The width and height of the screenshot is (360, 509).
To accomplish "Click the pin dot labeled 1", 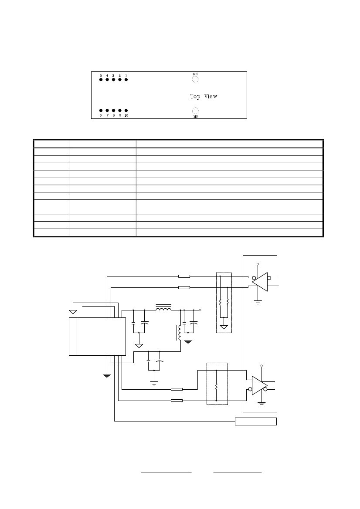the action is click(126, 80).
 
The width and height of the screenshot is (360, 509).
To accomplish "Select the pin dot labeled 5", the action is click(101, 80).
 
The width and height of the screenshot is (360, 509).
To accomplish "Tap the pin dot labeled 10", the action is click(126, 110).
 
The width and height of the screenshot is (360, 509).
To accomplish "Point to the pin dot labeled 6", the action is click(101, 110).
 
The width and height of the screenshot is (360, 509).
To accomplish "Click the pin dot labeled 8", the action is click(113, 110).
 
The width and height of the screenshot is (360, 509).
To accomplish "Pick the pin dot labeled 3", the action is click(113, 80).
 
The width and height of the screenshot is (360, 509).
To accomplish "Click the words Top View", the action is click(204, 96).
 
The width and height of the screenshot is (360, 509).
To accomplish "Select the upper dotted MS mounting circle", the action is click(195, 76).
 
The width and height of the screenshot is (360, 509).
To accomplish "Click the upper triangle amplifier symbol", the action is click(260, 282).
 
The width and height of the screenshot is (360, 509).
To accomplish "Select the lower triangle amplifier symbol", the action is click(260, 385).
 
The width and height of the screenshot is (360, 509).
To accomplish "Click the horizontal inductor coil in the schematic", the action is click(163, 308).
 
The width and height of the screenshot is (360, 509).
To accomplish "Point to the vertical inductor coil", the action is click(180, 333).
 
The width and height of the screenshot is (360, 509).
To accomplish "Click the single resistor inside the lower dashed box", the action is click(216, 386).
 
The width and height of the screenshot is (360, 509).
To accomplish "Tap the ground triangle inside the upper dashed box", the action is click(224, 327).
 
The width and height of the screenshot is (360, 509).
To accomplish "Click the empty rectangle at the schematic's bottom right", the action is click(256, 421).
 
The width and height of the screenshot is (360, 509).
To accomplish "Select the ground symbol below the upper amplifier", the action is click(258, 302).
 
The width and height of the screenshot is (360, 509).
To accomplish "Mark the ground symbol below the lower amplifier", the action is click(262, 404).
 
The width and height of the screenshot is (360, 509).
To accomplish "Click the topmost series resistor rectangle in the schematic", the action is click(184, 276).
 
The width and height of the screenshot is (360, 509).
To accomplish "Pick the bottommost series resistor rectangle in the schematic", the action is click(177, 401).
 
